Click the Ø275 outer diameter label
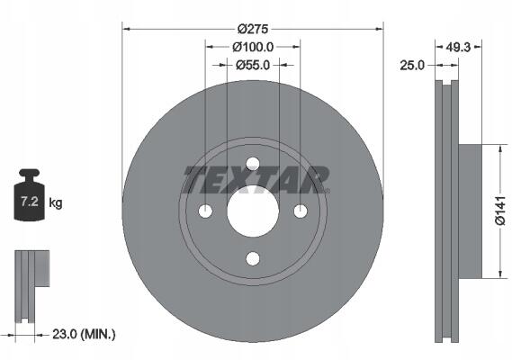pyautogui.click(x=253, y=30)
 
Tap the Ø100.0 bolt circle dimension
pyautogui.click(x=253, y=48)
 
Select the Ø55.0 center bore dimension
pyautogui.click(x=253, y=66)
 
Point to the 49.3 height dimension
pyautogui.click(x=458, y=48)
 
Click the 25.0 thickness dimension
pyautogui.click(x=412, y=66)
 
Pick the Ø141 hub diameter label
pyautogui.click(x=499, y=211)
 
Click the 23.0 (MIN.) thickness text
pyautogui.click(x=84, y=334)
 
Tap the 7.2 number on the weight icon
pyautogui.click(x=30, y=202)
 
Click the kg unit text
pyautogui.click(x=56, y=202)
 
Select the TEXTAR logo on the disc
pyautogui.click(x=256, y=180)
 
